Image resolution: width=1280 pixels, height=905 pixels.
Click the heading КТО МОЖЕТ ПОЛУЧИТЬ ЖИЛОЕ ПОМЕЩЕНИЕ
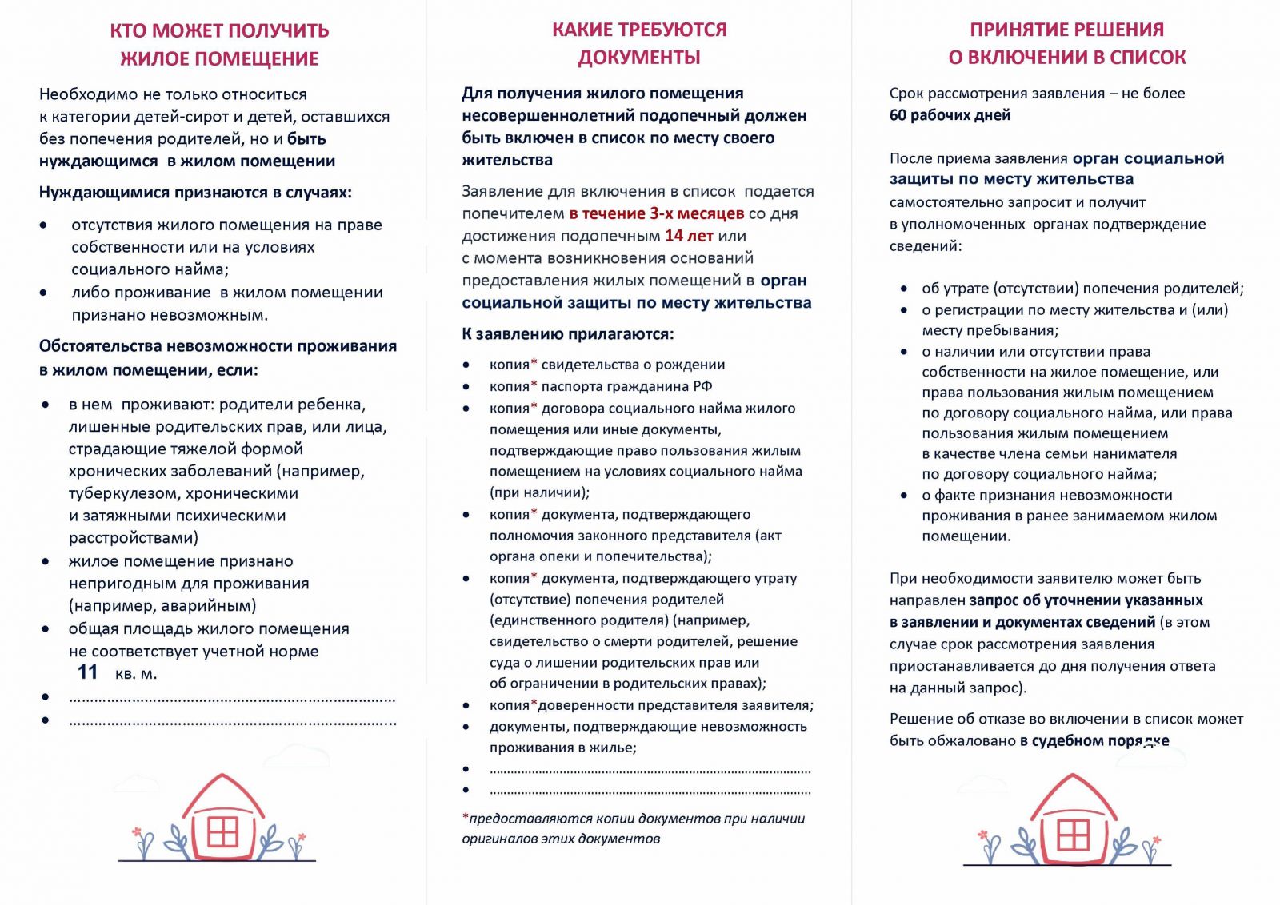click(x=219, y=45)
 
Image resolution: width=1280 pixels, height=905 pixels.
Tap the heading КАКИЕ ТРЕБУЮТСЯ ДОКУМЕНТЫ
click(x=639, y=43)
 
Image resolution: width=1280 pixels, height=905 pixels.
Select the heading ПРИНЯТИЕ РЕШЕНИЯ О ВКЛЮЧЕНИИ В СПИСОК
click(x=1066, y=43)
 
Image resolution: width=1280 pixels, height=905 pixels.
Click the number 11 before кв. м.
click(x=87, y=672)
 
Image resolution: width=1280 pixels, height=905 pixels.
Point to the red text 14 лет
click(x=689, y=236)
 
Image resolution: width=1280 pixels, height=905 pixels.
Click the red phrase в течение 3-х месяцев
click(x=657, y=213)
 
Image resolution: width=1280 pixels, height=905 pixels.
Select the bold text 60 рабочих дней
click(x=950, y=115)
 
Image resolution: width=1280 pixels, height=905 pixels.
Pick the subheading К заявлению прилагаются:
click(x=567, y=334)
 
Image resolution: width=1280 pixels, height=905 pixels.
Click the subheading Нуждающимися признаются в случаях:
click(x=195, y=193)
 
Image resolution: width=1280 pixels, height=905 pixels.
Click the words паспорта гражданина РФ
click(x=626, y=387)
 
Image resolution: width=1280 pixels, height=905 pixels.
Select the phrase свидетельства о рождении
click(x=633, y=365)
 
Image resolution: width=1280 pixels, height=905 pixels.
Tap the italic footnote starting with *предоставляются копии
click(x=633, y=828)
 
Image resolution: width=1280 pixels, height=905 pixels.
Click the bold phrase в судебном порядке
click(x=1094, y=740)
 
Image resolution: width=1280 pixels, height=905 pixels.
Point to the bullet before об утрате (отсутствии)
click(x=904, y=289)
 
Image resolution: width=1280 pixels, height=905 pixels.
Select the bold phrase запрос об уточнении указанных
click(x=1086, y=600)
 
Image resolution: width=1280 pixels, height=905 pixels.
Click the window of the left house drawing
click(x=222, y=831)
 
